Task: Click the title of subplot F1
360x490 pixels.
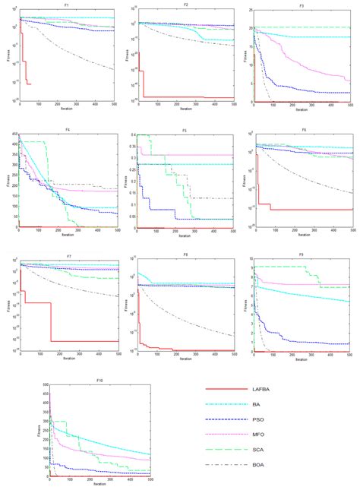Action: coord(68,5)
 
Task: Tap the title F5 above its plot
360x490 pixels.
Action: coord(185,130)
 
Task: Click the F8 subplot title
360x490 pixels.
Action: coord(185,254)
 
